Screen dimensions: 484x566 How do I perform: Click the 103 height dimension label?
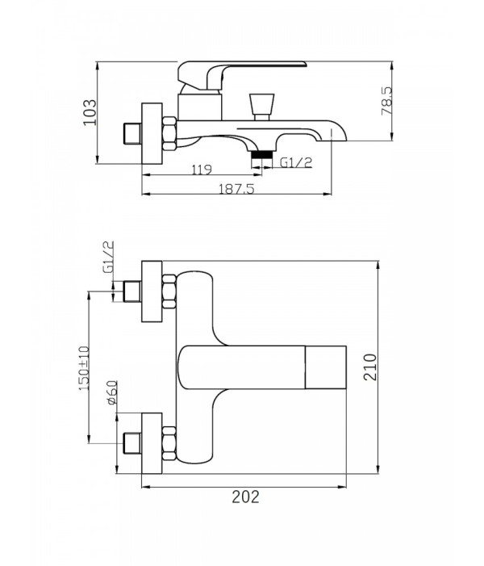pyautogui.click(x=90, y=112)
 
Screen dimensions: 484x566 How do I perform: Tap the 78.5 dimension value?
pyautogui.click(x=387, y=101)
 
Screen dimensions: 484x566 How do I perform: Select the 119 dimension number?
pyautogui.click(x=202, y=170)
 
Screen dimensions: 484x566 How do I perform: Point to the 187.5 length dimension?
pyautogui.click(x=237, y=188)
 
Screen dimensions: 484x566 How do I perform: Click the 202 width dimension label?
pyautogui.click(x=245, y=497)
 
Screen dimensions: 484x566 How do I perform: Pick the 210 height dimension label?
pyautogui.click(x=370, y=367)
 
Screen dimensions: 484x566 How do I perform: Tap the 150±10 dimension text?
pyautogui.click(x=84, y=368)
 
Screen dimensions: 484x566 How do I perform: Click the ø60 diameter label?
pyautogui.click(x=112, y=392)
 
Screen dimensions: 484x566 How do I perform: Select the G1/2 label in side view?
pyautogui.click(x=296, y=163)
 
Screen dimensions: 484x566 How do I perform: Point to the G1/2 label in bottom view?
pyautogui.click(x=108, y=257)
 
